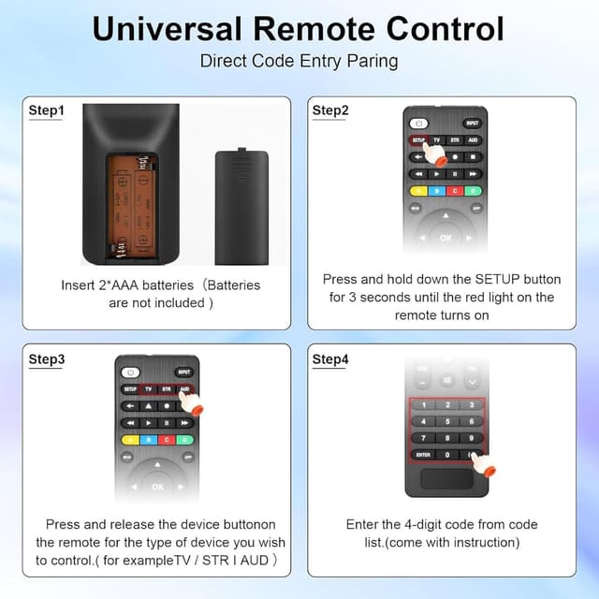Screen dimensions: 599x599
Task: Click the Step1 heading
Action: [47, 110]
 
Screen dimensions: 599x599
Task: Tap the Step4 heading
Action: [330, 359]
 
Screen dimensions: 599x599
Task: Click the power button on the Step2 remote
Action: [418, 123]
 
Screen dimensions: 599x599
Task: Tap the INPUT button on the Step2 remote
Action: [472, 123]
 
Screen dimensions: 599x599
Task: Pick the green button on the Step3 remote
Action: [185, 438]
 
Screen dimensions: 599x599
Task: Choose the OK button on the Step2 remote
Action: [446, 238]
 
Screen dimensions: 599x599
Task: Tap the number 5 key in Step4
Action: [448, 421]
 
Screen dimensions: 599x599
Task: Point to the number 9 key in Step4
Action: [474, 438]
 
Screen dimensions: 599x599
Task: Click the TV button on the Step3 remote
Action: [148, 388]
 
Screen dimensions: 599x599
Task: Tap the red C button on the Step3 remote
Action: [167, 438]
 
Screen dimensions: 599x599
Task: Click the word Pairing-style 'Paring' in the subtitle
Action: [372, 61]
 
